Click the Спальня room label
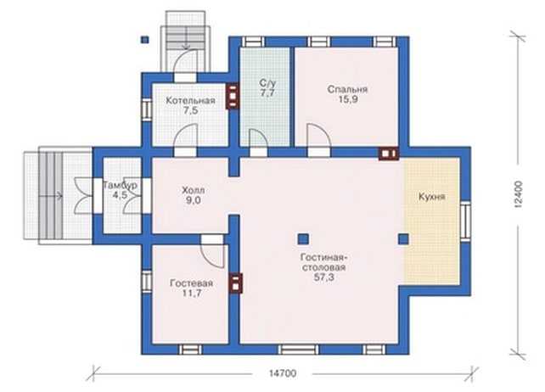pos(347,89)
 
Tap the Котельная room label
pos(190,101)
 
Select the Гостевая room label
pos(191,283)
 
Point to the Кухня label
pos(431,197)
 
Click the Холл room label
pos(194,190)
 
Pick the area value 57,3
pos(323,277)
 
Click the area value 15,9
pos(348,99)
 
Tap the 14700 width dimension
pos(283,373)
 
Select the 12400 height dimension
pos(518,194)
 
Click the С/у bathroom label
pos(267,83)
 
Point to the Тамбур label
pos(120,185)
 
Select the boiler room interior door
pos(184,137)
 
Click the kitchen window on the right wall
pos(465,221)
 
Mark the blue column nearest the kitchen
pos(403,239)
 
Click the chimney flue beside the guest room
pos(235,283)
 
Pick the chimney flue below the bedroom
pos(389,154)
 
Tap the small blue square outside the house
pos(145,40)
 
